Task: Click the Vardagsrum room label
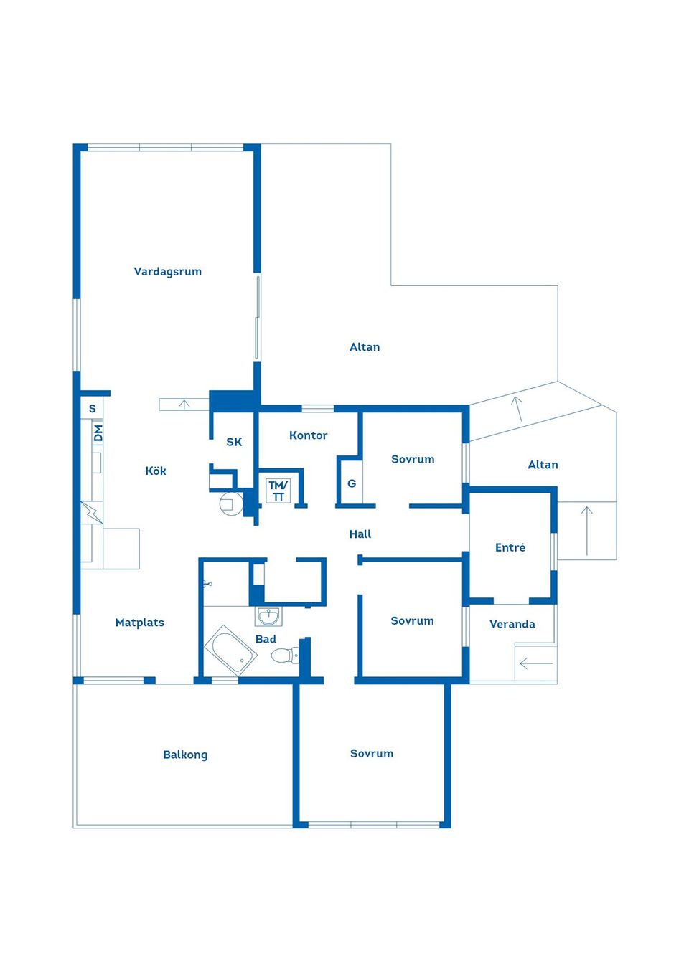[x=167, y=272]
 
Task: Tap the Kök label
[x=155, y=471]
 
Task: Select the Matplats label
[x=140, y=623]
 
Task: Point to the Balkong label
[x=185, y=755]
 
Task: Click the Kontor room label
[x=308, y=435]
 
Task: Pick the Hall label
[x=360, y=534]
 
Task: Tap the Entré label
[x=510, y=547]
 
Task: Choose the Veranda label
[x=512, y=625]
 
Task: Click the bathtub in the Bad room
[x=230, y=651]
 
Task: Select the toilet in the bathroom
[x=286, y=654]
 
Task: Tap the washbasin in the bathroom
[x=268, y=616]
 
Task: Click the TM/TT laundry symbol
[x=278, y=491]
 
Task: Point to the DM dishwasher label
[x=98, y=433]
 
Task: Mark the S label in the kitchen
[x=92, y=409]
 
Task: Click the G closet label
[x=352, y=483]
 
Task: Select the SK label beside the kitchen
[x=234, y=443]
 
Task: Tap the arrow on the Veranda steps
[x=536, y=663]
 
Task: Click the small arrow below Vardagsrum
[x=184, y=405]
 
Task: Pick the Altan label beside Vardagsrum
[x=365, y=347]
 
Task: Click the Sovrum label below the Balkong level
[x=372, y=754]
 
